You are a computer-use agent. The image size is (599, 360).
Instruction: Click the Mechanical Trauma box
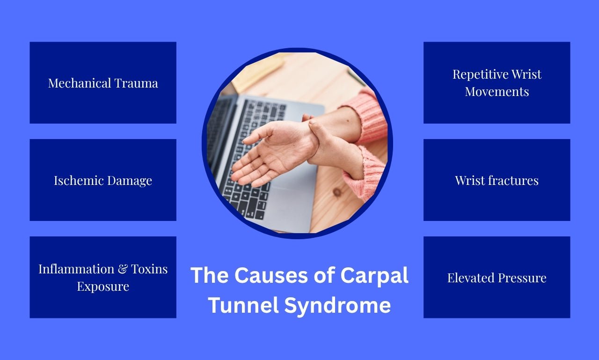click(x=103, y=83)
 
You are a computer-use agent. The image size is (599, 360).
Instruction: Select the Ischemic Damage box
click(x=103, y=180)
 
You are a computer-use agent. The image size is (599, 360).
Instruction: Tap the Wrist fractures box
click(x=497, y=180)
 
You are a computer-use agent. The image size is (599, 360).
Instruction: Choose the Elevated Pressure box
click(x=497, y=278)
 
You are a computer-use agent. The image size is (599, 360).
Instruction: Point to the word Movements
click(x=497, y=91)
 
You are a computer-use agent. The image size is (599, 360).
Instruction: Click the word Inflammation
click(x=76, y=269)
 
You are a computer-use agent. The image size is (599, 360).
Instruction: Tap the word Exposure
click(x=103, y=286)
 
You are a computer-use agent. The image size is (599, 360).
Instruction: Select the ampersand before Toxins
click(x=123, y=269)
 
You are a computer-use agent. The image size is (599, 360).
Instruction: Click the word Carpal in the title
click(x=374, y=275)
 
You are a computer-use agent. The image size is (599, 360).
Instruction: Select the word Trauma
click(x=136, y=83)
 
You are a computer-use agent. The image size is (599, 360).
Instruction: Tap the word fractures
click(x=513, y=180)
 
